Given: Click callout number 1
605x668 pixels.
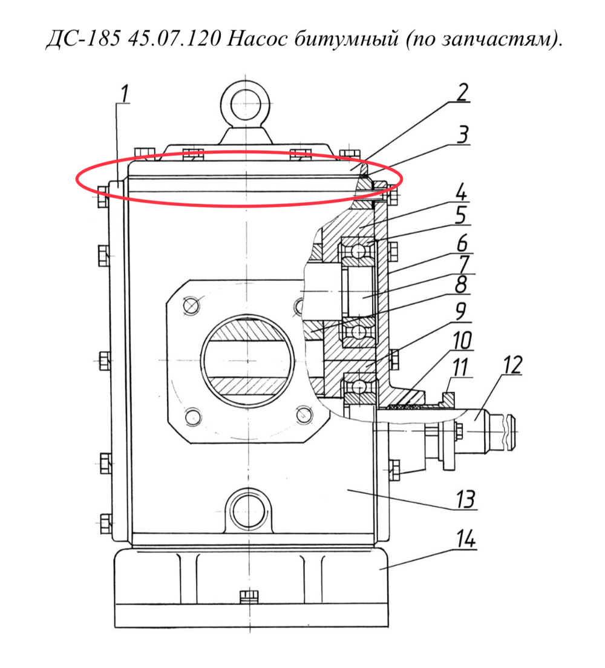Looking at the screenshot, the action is pyautogui.click(x=124, y=94).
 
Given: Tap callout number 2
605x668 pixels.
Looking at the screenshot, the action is pyautogui.click(x=462, y=93).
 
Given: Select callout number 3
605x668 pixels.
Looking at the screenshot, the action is pyautogui.click(x=462, y=134).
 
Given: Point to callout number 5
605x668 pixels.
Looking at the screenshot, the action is pyautogui.click(x=460, y=215).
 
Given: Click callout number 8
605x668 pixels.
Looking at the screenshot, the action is pyautogui.click(x=461, y=284).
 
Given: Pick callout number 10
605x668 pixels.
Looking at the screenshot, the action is pyautogui.click(x=462, y=341).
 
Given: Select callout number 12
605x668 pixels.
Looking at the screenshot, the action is pyautogui.click(x=512, y=365).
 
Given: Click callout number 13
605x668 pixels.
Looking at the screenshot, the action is pyautogui.click(x=465, y=499).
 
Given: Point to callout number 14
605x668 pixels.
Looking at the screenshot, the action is pyautogui.click(x=465, y=539).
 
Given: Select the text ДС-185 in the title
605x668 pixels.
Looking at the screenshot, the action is pyautogui.click(x=83, y=39).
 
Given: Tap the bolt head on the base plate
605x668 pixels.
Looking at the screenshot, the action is pyautogui.click(x=249, y=597).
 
